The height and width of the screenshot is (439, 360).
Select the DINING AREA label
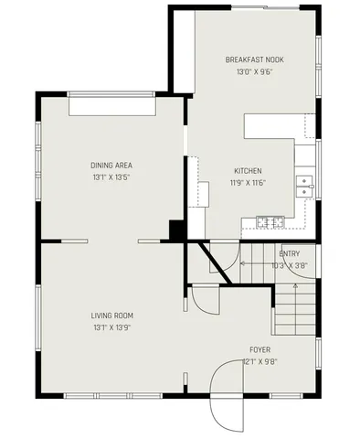(111, 165)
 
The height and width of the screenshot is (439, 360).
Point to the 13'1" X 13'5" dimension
(111, 177)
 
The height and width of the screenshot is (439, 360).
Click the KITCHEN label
(248, 171)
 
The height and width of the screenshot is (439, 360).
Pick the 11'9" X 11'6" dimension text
(248, 183)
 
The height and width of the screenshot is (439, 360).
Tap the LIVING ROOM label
(111, 316)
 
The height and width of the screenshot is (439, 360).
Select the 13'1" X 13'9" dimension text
(111, 327)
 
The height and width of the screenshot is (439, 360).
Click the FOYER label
(260, 349)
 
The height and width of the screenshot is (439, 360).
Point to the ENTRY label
(289, 254)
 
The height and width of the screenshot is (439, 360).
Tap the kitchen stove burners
(268, 220)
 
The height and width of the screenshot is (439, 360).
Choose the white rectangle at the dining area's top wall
(112, 106)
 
